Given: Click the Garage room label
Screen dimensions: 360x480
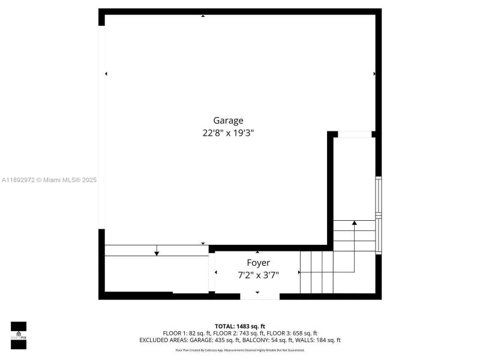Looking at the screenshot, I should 228,120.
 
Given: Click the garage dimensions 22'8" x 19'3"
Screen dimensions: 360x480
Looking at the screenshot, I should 228,134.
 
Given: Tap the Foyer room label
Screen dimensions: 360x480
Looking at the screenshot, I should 258,263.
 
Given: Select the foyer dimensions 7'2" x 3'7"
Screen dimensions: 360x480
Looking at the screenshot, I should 258,275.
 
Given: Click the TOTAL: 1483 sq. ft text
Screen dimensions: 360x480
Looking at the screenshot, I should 240,326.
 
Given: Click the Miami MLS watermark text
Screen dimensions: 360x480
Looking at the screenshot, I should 49,180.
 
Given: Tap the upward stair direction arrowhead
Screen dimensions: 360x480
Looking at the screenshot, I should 354,223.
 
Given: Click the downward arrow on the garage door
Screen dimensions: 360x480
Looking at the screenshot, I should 157,253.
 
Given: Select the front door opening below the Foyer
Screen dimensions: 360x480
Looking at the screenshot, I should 260,295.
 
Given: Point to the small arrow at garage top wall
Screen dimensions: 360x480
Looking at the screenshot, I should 203,16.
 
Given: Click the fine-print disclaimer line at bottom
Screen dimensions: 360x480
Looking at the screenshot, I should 240,350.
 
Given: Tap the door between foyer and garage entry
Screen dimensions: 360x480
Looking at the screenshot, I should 212,273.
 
